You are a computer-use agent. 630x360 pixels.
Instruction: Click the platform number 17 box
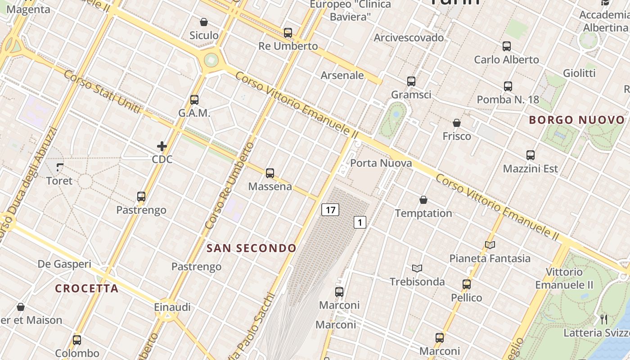[x=330, y=210]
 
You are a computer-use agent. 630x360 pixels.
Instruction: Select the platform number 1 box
[x=360, y=222]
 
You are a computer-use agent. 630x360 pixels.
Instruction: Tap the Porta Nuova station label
[x=381, y=163]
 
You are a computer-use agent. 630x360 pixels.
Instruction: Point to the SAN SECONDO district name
[x=252, y=248]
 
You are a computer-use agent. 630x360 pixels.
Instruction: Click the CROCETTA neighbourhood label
[x=87, y=288]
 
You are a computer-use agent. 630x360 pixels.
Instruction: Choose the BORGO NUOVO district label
[x=577, y=120]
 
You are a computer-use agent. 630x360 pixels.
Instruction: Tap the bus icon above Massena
[x=270, y=173]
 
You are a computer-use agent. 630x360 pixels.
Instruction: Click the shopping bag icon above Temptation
[x=423, y=200]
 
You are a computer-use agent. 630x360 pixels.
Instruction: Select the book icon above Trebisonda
[x=417, y=269]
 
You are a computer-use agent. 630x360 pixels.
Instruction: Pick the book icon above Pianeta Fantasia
[x=490, y=245]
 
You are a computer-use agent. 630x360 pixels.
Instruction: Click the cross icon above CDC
[x=162, y=146]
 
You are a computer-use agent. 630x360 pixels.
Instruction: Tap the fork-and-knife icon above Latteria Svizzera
[x=604, y=319]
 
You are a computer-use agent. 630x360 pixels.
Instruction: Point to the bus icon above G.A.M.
[x=194, y=99]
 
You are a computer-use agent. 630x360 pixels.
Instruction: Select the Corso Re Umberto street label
[x=229, y=185]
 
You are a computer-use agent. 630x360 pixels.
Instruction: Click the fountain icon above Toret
[x=59, y=168]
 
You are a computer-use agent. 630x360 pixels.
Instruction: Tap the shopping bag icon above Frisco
[x=457, y=123]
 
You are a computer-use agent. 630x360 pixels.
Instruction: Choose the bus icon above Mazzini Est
[x=531, y=155]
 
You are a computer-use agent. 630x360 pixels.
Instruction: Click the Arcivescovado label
[x=409, y=37]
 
